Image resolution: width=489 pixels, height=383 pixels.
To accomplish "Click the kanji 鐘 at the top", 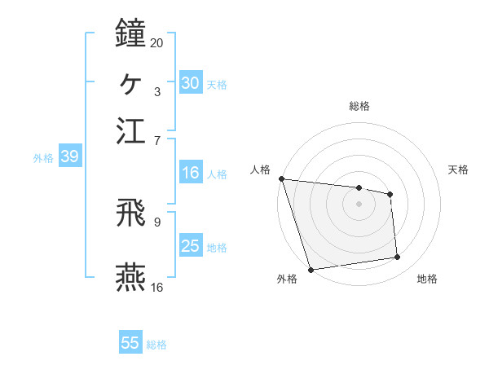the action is click(131, 33).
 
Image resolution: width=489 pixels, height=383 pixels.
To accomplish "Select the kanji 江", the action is click(131, 130).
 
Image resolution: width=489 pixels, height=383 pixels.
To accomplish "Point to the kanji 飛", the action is click(131, 214).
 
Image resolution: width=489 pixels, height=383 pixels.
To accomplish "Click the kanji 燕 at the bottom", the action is click(131, 277).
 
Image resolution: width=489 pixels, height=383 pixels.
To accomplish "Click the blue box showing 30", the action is click(190, 83).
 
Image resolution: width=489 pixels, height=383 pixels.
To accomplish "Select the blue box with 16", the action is click(190, 173).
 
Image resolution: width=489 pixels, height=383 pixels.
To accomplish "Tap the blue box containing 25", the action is click(190, 246).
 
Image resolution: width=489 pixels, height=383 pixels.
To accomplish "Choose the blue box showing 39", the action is click(68, 157).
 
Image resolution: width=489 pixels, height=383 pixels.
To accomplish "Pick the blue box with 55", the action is click(130, 343).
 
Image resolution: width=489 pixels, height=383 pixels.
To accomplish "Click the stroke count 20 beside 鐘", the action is click(157, 42).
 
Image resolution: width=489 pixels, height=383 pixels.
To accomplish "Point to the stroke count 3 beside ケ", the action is click(157, 91).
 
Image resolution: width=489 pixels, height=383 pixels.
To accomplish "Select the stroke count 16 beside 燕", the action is click(157, 287).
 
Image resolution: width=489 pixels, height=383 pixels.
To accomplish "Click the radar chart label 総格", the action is click(359, 106).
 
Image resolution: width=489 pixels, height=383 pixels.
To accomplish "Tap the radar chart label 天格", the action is click(459, 169).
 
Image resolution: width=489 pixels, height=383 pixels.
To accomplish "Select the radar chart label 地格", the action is click(427, 279).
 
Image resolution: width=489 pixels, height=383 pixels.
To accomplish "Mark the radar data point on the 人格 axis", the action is click(281, 178).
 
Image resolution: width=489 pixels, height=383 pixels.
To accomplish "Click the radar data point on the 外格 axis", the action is click(311, 269).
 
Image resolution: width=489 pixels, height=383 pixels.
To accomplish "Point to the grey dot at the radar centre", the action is click(359, 204).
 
